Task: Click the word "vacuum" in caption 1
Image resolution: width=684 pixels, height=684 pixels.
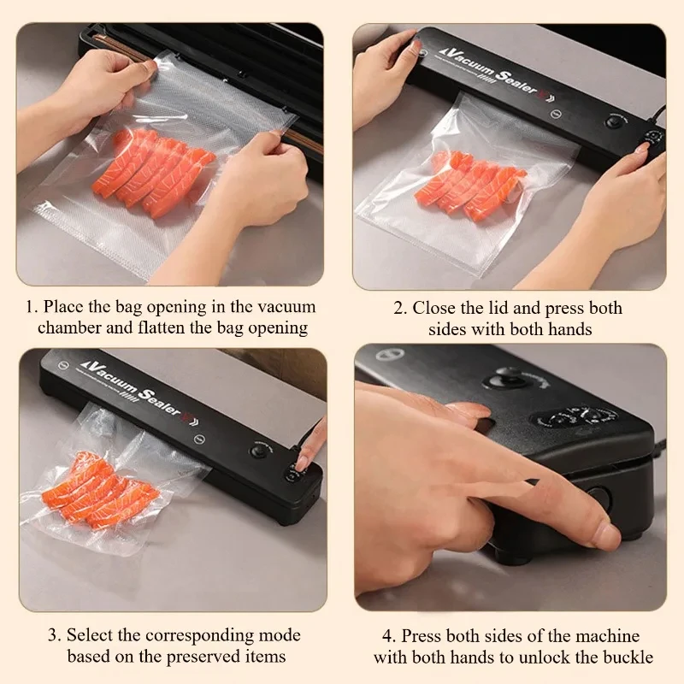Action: (x=286, y=307)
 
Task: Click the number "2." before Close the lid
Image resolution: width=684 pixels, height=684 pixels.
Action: (x=400, y=309)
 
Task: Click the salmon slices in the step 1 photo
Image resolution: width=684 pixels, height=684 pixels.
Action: (x=154, y=173)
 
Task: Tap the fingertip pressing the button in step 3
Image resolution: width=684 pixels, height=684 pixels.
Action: (x=303, y=462)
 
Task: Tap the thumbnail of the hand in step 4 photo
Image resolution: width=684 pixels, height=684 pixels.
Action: (x=606, y=536)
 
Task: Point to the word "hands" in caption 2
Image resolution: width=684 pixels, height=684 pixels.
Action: (x=569, y=329)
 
